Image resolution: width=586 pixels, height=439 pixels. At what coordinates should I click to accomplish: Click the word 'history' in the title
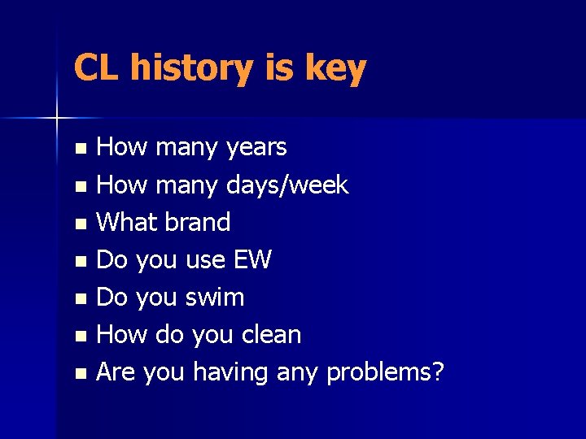[191, 68]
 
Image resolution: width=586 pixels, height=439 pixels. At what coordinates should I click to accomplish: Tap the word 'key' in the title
[335, 70]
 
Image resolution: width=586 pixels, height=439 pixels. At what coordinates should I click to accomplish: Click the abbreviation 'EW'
[251, 260]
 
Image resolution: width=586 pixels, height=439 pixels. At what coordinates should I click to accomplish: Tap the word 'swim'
[215, 298]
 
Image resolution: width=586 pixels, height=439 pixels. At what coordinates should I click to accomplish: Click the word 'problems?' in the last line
[385, 373]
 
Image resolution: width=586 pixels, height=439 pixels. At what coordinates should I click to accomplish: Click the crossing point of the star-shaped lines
[56, 119]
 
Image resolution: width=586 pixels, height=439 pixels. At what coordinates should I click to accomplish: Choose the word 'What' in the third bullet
[126, 222]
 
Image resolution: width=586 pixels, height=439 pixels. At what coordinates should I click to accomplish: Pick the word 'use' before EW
[206, 261]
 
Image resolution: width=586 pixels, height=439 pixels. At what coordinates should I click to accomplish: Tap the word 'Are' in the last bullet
[117, 372]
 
